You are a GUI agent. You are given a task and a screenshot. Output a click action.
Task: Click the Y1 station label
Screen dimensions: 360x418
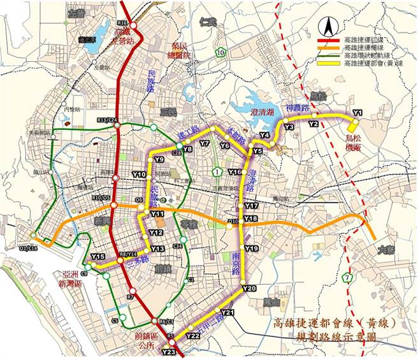[x=357, y=113]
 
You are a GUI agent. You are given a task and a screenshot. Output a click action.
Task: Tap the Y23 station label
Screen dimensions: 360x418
[x=168, y=352]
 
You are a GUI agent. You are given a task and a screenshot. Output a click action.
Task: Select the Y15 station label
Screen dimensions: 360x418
[x=97, y=256]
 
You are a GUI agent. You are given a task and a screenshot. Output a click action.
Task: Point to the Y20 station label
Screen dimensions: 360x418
[x=249, y=289]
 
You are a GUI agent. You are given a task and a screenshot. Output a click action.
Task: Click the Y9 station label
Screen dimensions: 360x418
[x=159, y=159]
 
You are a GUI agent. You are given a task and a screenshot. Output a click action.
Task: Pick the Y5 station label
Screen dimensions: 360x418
[x=257, y=151]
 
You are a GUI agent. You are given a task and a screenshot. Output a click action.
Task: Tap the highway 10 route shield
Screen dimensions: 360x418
[x=220, y=52]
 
